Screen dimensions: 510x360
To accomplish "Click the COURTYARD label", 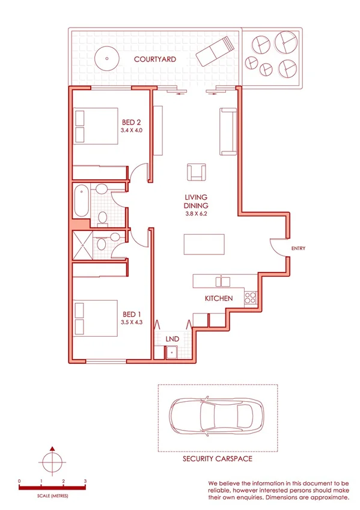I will pyautogui.click(x=154, y=60).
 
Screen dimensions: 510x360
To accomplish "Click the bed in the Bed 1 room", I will pyautogui.click(x=96, y=316).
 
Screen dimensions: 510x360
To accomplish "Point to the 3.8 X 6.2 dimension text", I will pyautogui.click(x=196, y=214).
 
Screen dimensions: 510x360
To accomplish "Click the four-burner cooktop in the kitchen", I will pyautogui.click(x=251, y=296).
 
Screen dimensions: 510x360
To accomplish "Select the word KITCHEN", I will pyautogui.click(x=218, y=299).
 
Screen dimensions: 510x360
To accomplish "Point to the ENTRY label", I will pyautogui.click(x=299, y=248).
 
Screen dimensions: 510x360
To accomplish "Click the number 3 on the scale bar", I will pyautogui.click(x=85, y=482).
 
